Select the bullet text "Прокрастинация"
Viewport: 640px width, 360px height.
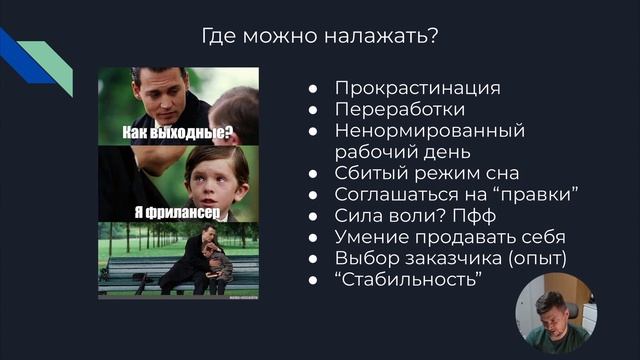pos(417,88)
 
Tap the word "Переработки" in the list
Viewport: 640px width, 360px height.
pos(400,109)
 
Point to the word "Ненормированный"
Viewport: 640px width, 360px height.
pos(430,131)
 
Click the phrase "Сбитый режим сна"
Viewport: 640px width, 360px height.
pos(427,173)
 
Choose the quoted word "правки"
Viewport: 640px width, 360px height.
pos(538,194)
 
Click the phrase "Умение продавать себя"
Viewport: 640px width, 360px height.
pos(450,237)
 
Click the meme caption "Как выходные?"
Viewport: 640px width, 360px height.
pos(178,132)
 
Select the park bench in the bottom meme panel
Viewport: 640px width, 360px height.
pos(140,268)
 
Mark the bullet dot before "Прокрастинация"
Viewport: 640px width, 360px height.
pos(314,88)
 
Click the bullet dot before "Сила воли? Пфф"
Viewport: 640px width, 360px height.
pos(314,216)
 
